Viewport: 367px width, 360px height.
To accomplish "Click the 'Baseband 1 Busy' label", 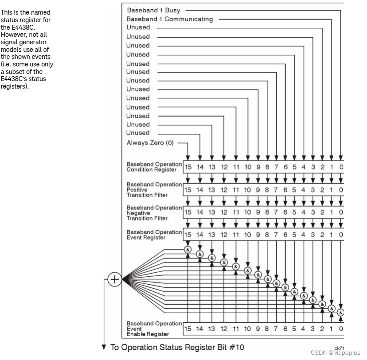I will (x=154, y=10).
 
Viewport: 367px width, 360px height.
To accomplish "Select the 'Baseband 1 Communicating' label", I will (x=170, y=19).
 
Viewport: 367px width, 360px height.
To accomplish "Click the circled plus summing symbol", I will (x=115, y=279).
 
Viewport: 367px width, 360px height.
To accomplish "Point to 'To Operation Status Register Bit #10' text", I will (x=176, y=347).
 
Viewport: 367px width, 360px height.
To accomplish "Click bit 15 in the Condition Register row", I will (x=188, y=167).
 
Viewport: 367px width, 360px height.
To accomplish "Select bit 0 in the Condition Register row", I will (x=341, y=167).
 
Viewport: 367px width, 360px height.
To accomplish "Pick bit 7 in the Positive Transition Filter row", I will (x=276, y=190).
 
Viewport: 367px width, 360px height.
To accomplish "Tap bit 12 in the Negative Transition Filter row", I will (x=223, y=213).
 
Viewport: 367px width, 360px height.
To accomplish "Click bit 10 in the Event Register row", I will (x=247, y=235).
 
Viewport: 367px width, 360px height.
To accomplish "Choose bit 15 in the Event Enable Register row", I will (x=188, y=329).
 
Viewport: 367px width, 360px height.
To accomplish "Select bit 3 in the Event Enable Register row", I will (x=313, y=329).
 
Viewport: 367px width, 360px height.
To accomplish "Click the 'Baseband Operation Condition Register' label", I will (x=154, y=167).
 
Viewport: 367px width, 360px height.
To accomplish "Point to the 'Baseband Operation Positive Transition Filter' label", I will (x=154, y=190).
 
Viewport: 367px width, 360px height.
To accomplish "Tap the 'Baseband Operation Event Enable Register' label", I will (x=154, y=329).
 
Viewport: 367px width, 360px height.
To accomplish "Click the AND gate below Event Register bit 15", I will (x=188, y=250).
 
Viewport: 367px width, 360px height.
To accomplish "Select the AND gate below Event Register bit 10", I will (x=248, y=271).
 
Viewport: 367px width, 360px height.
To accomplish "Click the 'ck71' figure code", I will (x=340, y=347).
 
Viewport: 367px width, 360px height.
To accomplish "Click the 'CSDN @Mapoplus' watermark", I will (x=336, y=353).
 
